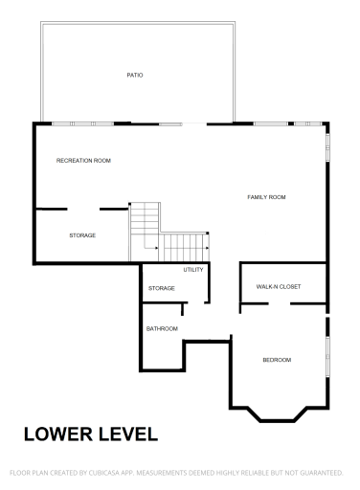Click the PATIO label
tap(135, 75)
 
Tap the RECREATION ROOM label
tap(83, 161)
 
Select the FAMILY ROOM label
tap(266, 197)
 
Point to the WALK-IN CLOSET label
tap(279, 286)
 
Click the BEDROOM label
tap(277, 360)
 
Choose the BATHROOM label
tap(162, 329)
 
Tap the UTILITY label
tap(194, 270)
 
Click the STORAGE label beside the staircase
tap(82, 235)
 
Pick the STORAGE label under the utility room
tap(161, 288)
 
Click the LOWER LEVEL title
tap(90, 434)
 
